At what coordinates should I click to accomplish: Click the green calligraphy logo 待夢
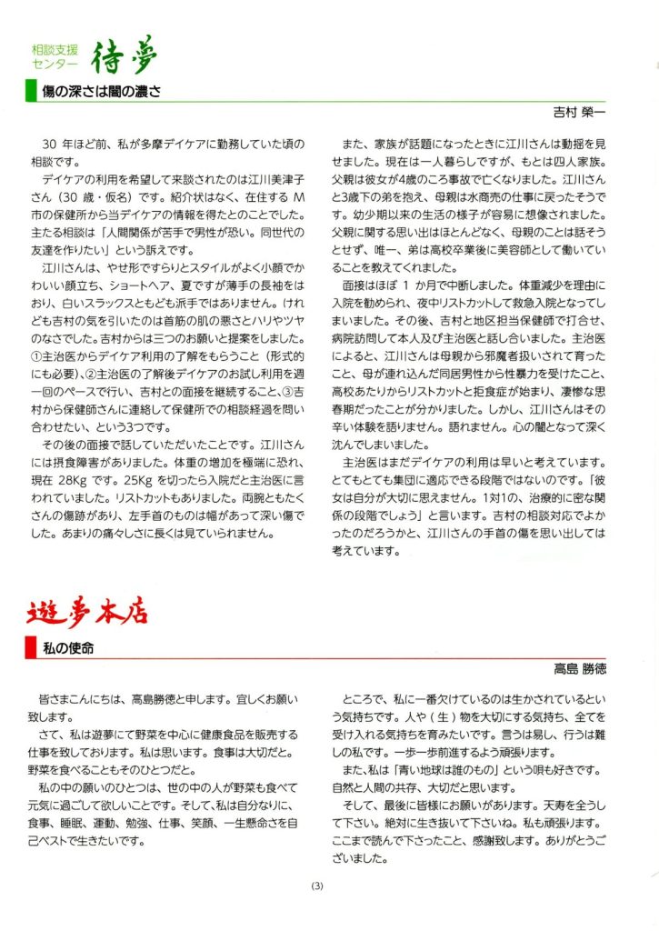click(x=125, y=56)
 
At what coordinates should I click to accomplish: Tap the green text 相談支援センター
click(x=55, y=58)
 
